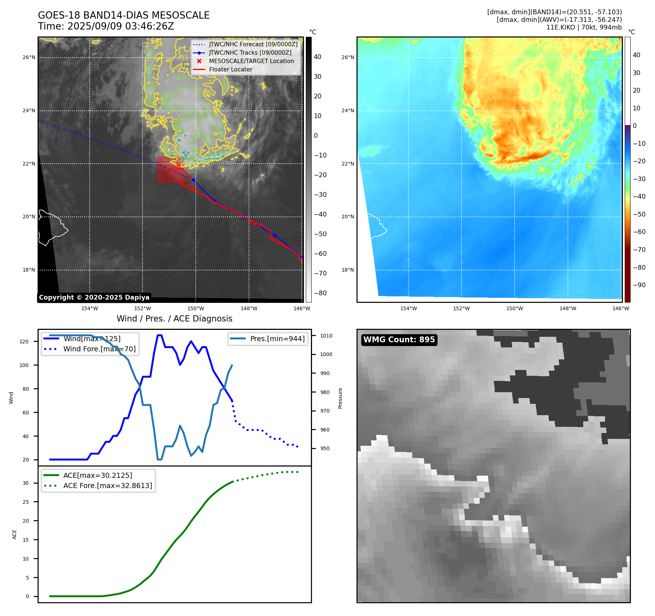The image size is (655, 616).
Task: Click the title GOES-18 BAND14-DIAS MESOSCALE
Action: point(124,15)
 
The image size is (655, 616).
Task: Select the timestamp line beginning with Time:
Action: point(106,27)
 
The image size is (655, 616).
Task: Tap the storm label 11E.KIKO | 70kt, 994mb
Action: point(584,27)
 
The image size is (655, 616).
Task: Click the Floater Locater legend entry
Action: point(230,70)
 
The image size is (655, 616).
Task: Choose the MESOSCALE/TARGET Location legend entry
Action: point(251,61)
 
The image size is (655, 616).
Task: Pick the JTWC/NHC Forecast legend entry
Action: point(253,44)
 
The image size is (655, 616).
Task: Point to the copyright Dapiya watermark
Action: point(94,297)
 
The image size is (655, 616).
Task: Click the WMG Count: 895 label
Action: point(399,340)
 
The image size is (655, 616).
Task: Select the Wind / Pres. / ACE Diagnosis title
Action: point(174,319)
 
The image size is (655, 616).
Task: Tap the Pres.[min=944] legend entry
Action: point(277,339)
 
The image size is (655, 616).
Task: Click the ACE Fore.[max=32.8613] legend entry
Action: point(108,486)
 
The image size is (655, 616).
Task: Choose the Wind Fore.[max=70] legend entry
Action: point(99,349)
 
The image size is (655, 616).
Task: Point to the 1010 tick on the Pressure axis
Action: point(326,336)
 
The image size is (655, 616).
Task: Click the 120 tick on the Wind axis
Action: point(24,342)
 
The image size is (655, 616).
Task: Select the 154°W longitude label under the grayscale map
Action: point(90,309)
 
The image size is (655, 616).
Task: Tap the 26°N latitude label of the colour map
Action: point(348,57)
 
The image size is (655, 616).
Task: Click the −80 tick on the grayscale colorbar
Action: point(320,293)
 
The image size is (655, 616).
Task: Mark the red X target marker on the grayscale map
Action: point(179,164)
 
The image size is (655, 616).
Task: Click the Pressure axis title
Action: point(340,398)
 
